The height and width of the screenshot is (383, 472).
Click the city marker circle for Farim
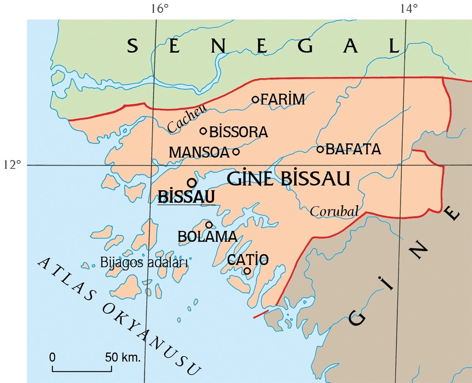pos(256,99)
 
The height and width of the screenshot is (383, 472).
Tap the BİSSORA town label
pos(238,132)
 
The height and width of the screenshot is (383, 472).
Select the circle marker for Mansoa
pos(236,152)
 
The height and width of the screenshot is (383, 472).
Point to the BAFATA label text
pos(353,149)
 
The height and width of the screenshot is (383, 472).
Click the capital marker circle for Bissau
pos(192,183)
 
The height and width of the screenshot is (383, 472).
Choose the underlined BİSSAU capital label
pos(187,197)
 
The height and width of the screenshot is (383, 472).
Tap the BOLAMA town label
pos(207,237)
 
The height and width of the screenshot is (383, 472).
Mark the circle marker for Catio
pos(247,271)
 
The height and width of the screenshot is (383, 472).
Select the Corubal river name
pos(334,212)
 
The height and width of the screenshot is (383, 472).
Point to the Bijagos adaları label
pos(144,263)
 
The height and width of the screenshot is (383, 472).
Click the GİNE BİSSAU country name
pos(288,179)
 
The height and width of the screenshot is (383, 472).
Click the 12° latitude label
pos(13,165)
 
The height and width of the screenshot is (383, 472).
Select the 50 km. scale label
pos(123,358)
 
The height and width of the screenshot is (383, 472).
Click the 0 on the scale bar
pos(52,358)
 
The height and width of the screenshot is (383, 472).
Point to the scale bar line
pos(82,370)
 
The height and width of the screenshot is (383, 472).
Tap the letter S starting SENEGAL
pos(133,46)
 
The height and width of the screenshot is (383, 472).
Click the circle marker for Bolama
pos(209,225)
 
